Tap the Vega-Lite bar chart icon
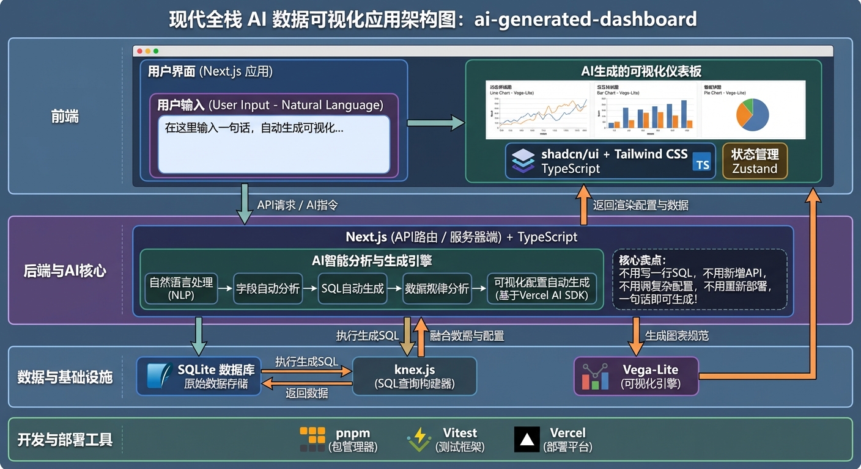(595, 376)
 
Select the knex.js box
(415, 376)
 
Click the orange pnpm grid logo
(312, 439)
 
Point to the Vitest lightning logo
(419, 439)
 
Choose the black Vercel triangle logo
(527, 439)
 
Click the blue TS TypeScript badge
(702, 162)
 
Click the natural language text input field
(274, 144)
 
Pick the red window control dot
(139, 51)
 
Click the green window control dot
(156, 51)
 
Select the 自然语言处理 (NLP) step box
(182, 288)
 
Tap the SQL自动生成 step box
(353, 288)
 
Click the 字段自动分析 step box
(268, 288)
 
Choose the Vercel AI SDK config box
(541, 288)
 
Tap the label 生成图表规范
(677, 336)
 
